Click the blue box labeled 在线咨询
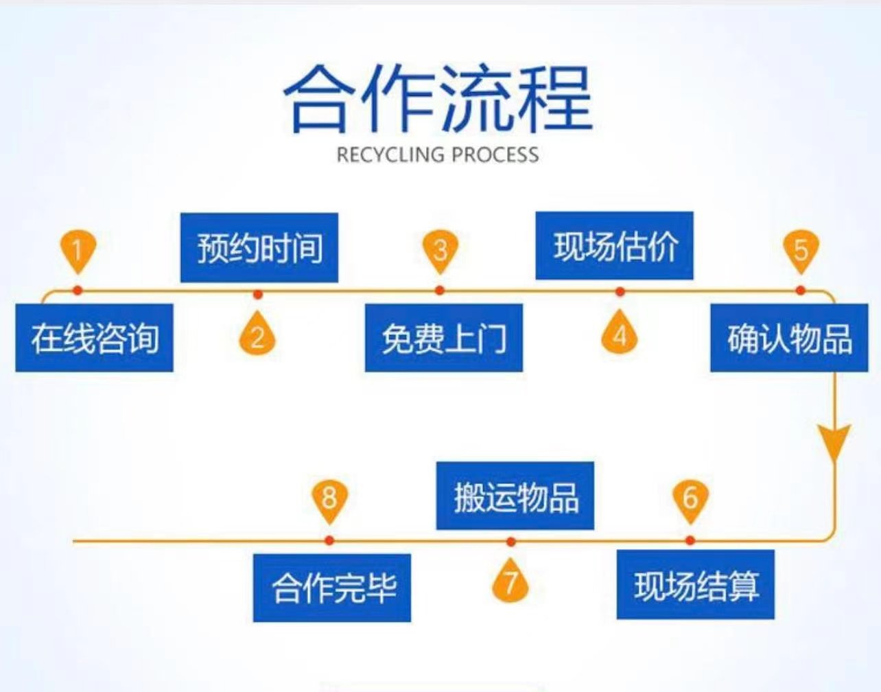click(95, 338)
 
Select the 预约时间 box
click(259, 247)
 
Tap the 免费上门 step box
click(444, 338)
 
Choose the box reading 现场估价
click(615, 245)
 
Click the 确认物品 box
click(789, 338)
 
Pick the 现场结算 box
click(696, 584)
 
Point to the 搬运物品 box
click(515, 496)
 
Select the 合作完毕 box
click(332, 588)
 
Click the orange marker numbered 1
click(78, 251)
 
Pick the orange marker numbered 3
click(441, 251)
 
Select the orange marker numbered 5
click(801, 251)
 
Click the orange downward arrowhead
click(834, 442)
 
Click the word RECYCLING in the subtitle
click(390, 154)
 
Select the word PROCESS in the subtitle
click(495, 154)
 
